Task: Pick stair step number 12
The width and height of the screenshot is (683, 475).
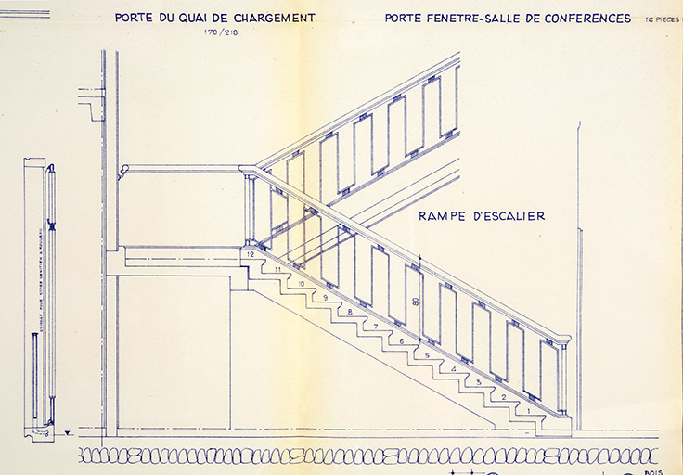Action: [x=251, y=254]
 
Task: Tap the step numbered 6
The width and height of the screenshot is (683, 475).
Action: [x=402, y=341]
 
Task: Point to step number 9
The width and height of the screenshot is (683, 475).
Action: [x=326, y=297]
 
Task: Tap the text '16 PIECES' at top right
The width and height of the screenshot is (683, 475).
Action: [x=660, y=19]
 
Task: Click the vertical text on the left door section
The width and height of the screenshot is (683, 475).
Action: [x=41, y=297]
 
